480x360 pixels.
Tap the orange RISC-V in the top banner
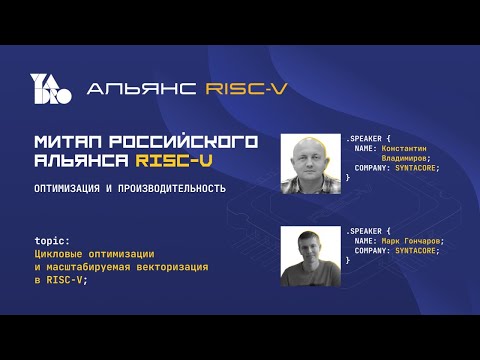(x=246, y=88)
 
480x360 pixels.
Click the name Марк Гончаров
(x=411, y=241)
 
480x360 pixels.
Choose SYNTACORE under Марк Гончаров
(x=421, y=251)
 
